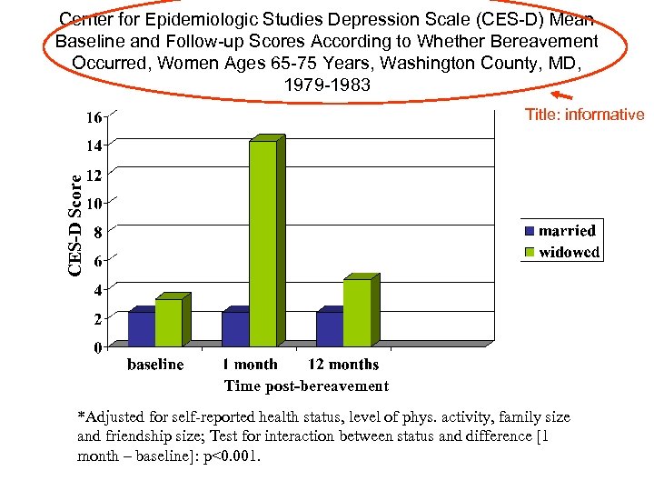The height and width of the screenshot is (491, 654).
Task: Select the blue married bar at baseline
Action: pos(141,328)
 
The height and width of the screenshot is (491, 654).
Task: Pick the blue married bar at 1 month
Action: pos(234,328)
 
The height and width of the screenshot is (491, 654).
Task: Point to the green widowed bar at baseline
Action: pos(168,323)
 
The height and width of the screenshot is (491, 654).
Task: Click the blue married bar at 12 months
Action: pos(329,328)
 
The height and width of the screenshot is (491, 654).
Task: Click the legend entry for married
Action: pos(560,231)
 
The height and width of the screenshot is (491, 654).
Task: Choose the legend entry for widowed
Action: pos(561,252)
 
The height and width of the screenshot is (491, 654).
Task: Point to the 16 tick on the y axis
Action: pos(94,117)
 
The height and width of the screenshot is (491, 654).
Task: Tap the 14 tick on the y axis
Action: pos(94,145)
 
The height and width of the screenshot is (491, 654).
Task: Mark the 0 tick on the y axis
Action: pos(96,347)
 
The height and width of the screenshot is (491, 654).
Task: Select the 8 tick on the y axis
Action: pos(96,232)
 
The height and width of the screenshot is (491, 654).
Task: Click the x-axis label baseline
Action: pos(154,365)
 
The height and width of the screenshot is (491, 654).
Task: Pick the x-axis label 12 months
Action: pos(343,365)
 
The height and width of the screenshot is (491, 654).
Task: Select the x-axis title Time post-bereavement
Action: pos(306,386)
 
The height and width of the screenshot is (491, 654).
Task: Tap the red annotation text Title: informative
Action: pos(584,115)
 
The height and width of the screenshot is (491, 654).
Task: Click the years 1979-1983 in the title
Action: pos(326,84)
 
